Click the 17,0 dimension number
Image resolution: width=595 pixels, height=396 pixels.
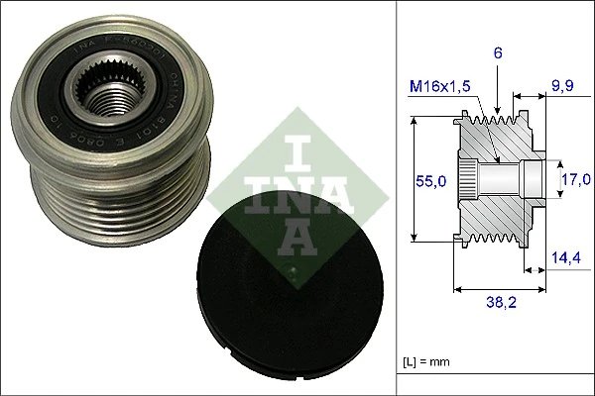point(572,179)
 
